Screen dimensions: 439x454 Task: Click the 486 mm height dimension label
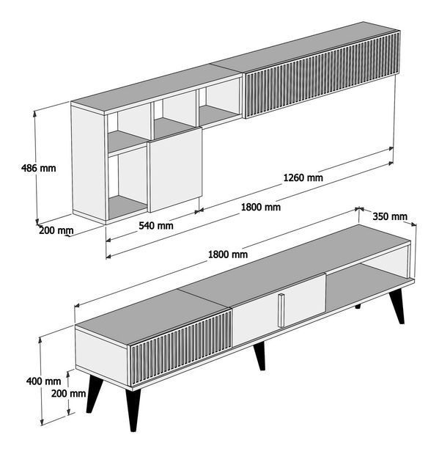pos(39,168)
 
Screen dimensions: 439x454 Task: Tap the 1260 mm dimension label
pos(303,177)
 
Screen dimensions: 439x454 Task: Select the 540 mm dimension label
pos(156,225)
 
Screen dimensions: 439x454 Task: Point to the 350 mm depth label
pos(389,216)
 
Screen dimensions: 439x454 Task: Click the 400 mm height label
pos(44,381)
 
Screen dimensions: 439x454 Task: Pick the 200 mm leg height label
pos(69,393)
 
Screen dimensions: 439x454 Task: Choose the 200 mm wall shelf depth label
pos(56,230)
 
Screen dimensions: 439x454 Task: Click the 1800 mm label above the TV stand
pos(228,255)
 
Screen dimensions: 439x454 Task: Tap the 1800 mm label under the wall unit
pos(261,207)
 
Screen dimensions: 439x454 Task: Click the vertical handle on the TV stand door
pos(281,310)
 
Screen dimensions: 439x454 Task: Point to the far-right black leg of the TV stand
pos(397,307)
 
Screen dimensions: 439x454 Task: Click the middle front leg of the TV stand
pos(260,356)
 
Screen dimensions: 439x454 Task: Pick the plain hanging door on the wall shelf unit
pos(175,169)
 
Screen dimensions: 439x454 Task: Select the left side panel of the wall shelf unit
pos(89,162)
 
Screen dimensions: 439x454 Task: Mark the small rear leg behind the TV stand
pos(358,307)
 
